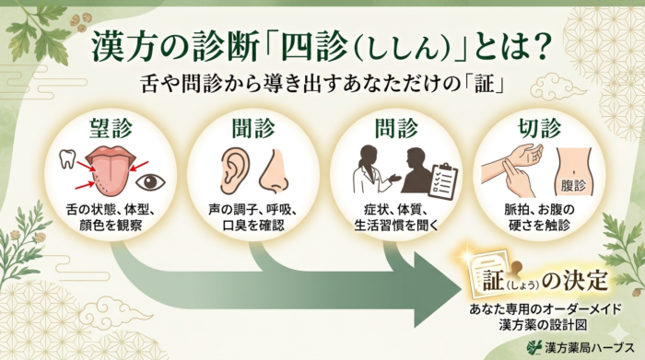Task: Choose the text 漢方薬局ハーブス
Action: (589, 347)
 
